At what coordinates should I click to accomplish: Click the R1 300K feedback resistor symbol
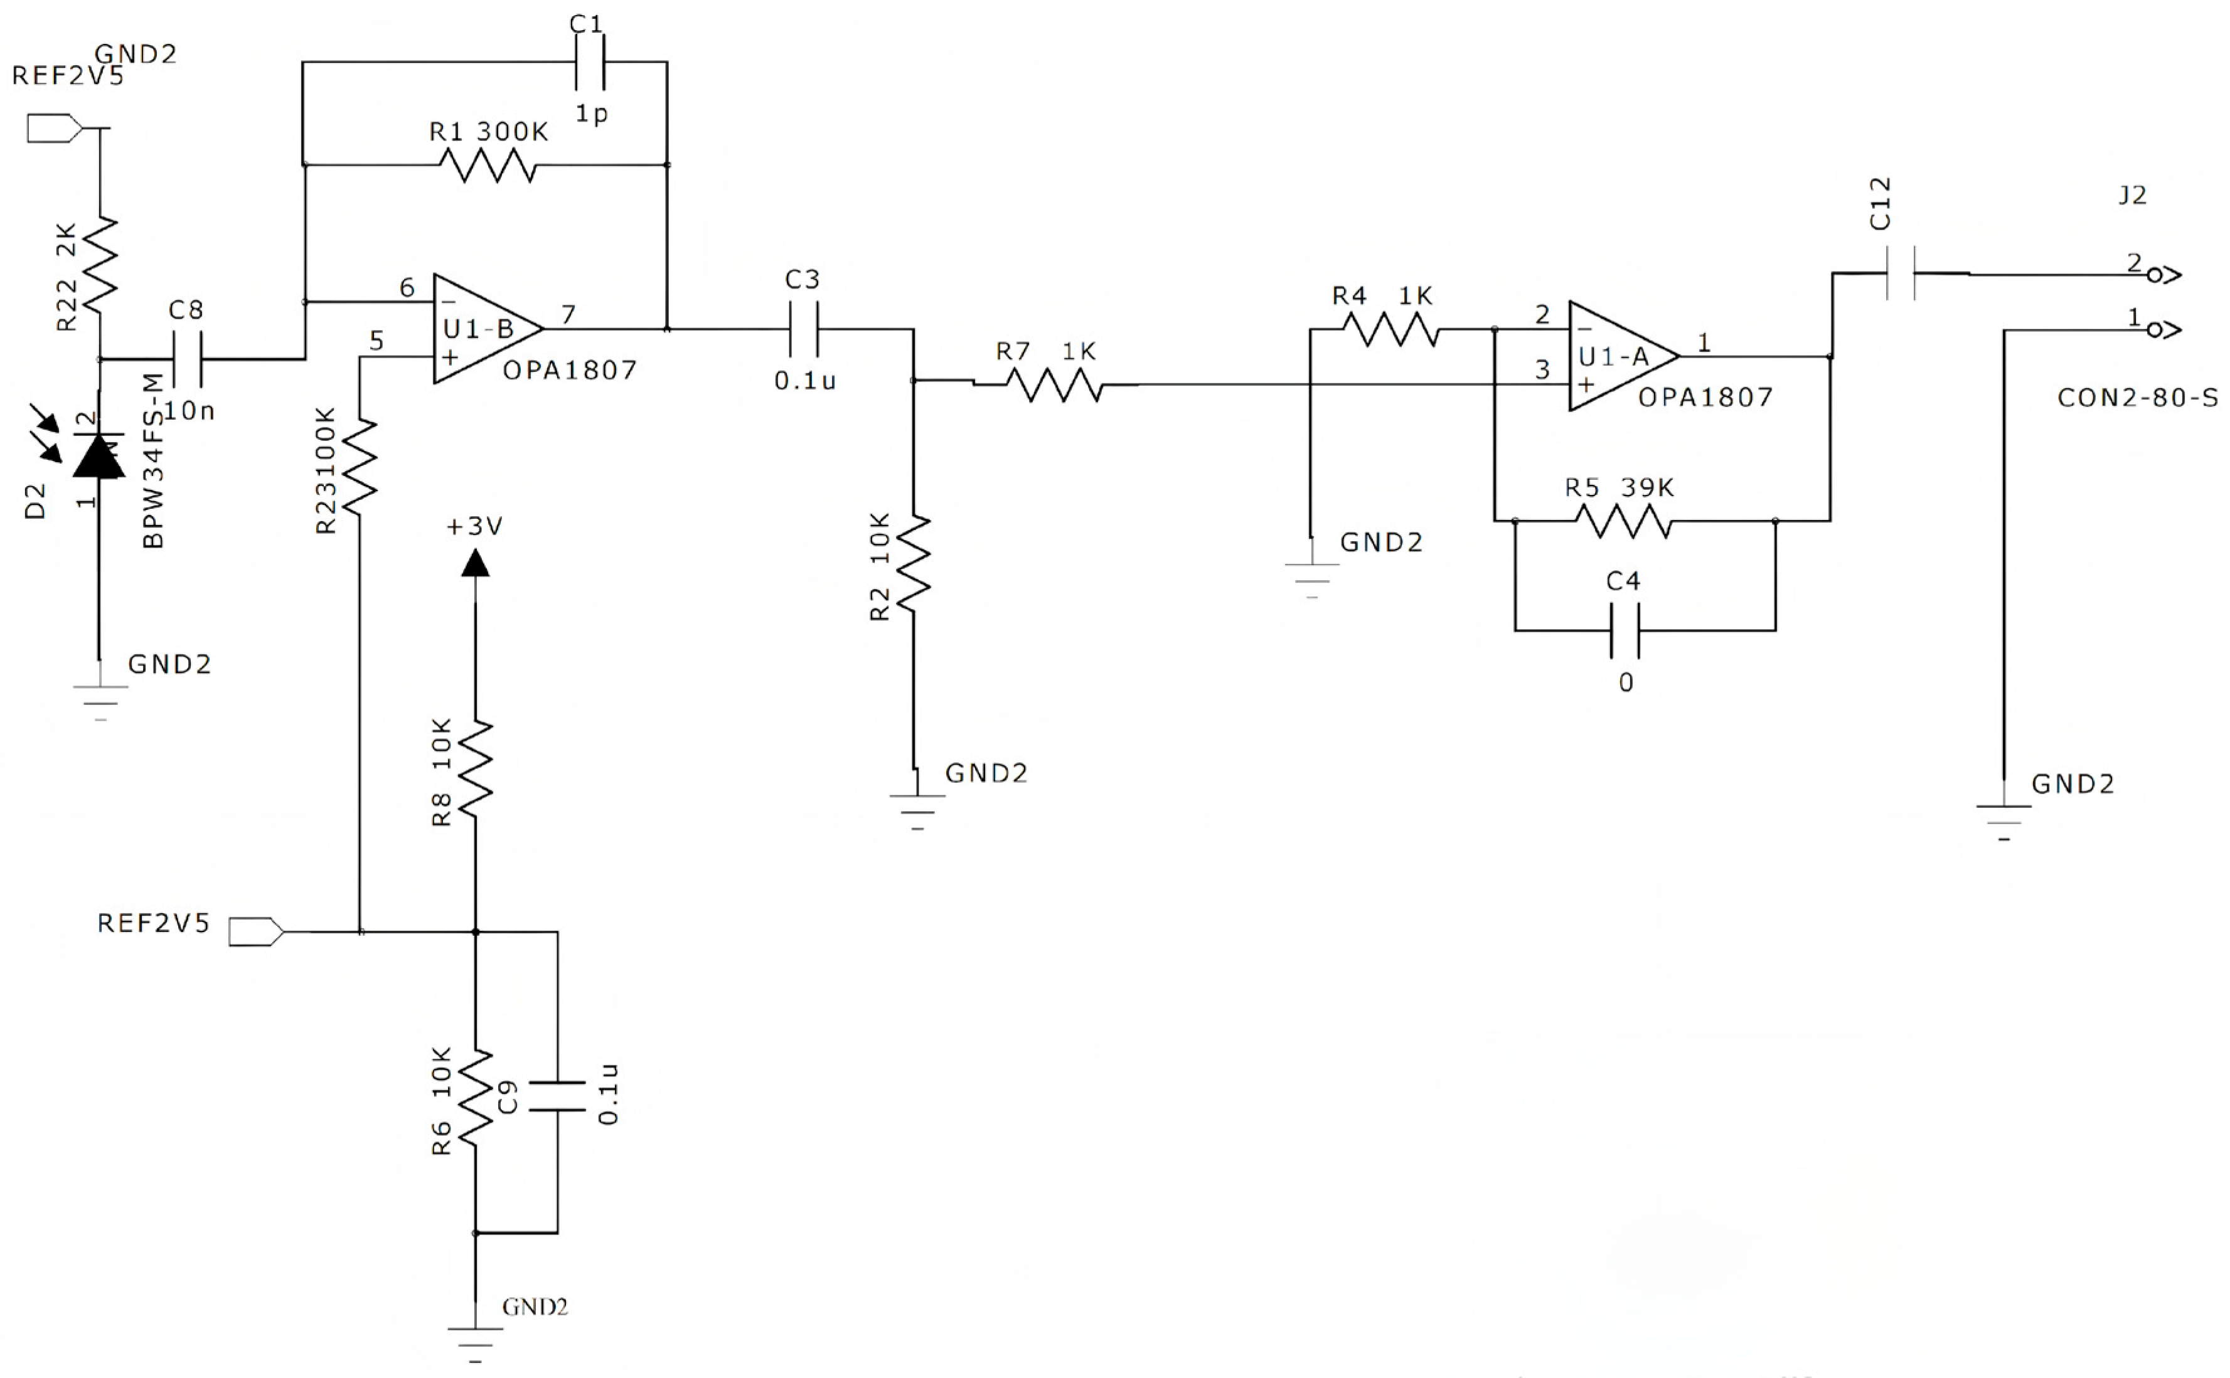[487, 165]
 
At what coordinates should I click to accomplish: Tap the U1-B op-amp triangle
[483, 329]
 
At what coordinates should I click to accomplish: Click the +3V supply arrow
[475, 563]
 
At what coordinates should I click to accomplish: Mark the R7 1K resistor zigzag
[1055, 384]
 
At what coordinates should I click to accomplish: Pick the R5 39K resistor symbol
[1623, 521]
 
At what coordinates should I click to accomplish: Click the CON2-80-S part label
[2136, 398]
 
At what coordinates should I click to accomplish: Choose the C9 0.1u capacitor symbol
[557, 1096]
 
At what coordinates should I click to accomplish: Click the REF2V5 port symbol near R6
[256, 931]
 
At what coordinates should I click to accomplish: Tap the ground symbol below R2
[917, 809]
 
